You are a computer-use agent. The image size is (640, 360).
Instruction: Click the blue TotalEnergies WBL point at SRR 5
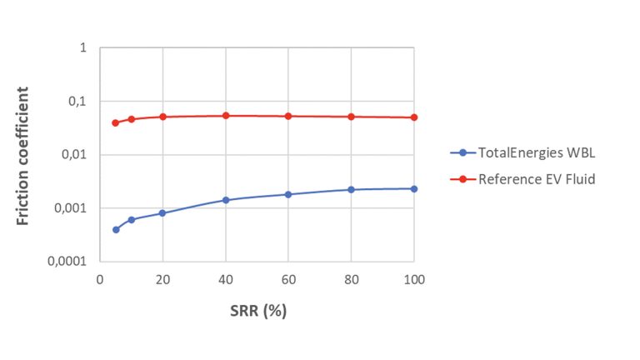tap(116, 229)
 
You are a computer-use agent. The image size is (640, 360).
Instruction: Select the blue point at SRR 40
tap(226, 200)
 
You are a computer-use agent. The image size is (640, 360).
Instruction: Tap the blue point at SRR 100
tap(414, 189)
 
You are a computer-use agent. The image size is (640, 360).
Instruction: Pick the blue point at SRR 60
tap(288, 194)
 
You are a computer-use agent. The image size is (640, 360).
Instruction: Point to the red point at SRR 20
tap(163, 117)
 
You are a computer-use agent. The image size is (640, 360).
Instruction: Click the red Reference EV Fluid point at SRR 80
tap(352, 117)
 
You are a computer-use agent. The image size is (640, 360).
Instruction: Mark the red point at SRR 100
tap(414, 117)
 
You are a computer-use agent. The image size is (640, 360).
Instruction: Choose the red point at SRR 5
tap(116, 122)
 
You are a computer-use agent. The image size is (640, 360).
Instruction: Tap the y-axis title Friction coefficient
tap(25, 155)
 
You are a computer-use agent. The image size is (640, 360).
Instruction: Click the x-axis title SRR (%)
tap(257, 312)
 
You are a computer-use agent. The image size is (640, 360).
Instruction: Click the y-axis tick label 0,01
tap(75, 155)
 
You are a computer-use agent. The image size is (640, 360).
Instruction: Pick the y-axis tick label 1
tap(83, 48)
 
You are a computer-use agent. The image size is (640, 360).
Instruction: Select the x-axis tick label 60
tap(288, 279)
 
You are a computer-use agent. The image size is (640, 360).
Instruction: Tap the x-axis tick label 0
tap(100, 279)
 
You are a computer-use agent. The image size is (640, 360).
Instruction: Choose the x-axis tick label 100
tap(414, 279)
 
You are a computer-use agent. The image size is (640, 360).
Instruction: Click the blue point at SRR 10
tap(132, 219)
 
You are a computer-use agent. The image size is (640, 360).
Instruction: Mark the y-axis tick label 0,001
tap(72, 208)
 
